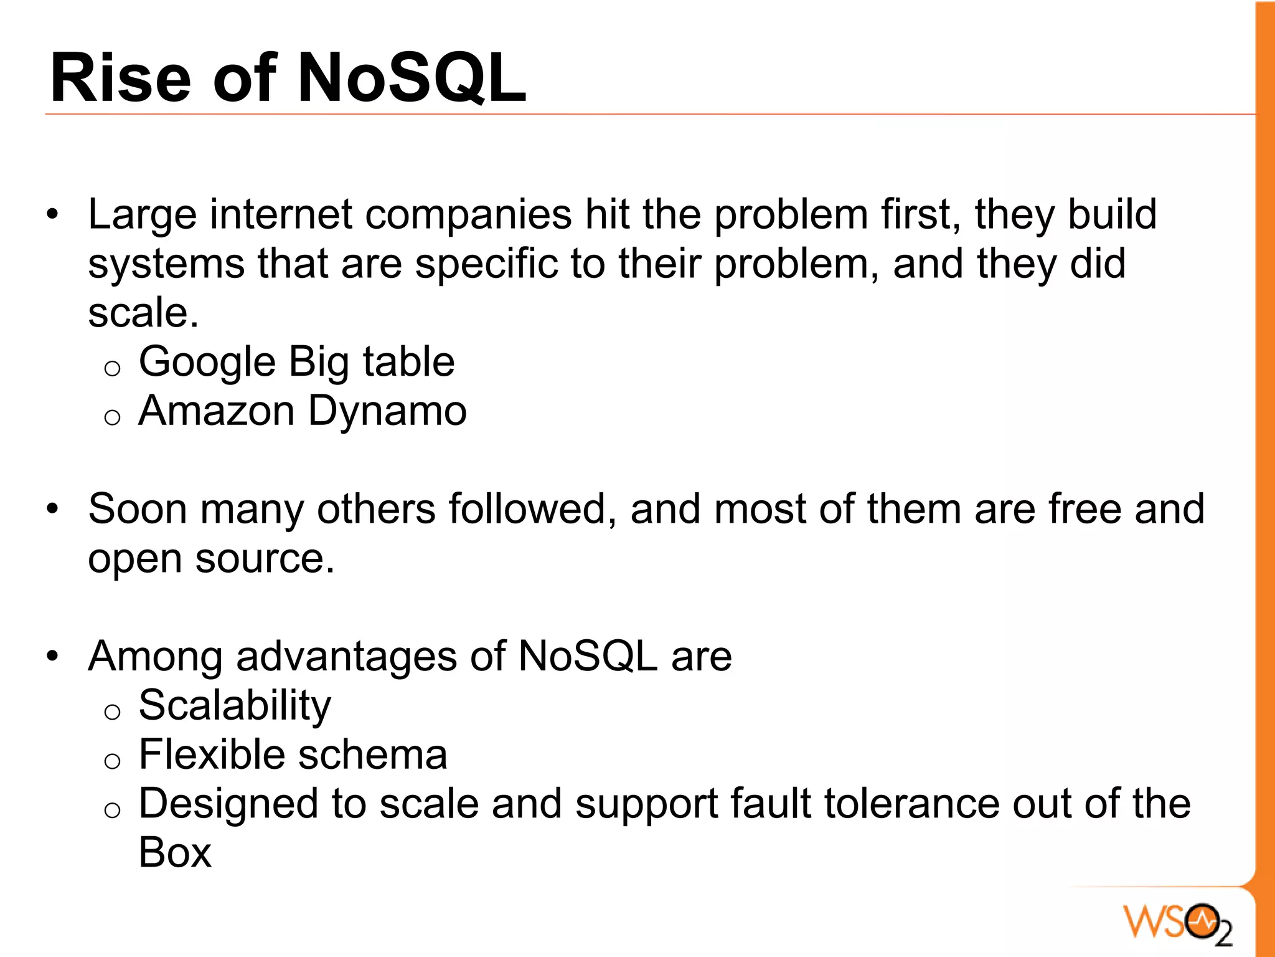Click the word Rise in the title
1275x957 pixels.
pyautogui.click(x=120, y=79)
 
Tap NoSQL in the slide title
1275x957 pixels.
pyautogui.click(x=412, y=79)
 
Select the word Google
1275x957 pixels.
pyautogui.click(x=207, y=363)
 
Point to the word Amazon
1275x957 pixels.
pyautogui.click(x=216, y=411)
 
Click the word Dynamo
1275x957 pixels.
pyautogui.click(x=387, y=411)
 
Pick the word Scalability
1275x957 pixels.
pyautogui.click(x=235, y=707)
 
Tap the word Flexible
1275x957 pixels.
pyautogui.click(x=212, y=755)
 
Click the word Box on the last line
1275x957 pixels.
pyautogui.click(x=175, y=852)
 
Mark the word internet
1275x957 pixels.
pyautogui.click(x=281, y=214)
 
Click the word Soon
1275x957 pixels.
pyautogui.click(x=138, y=509)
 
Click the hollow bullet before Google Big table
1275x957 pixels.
pyautogui.click(x=112, y=369)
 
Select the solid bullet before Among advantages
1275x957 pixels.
pyautogui.click(x=53, y=657)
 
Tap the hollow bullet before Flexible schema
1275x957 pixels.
pyautogui.click(x=112, y=761)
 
